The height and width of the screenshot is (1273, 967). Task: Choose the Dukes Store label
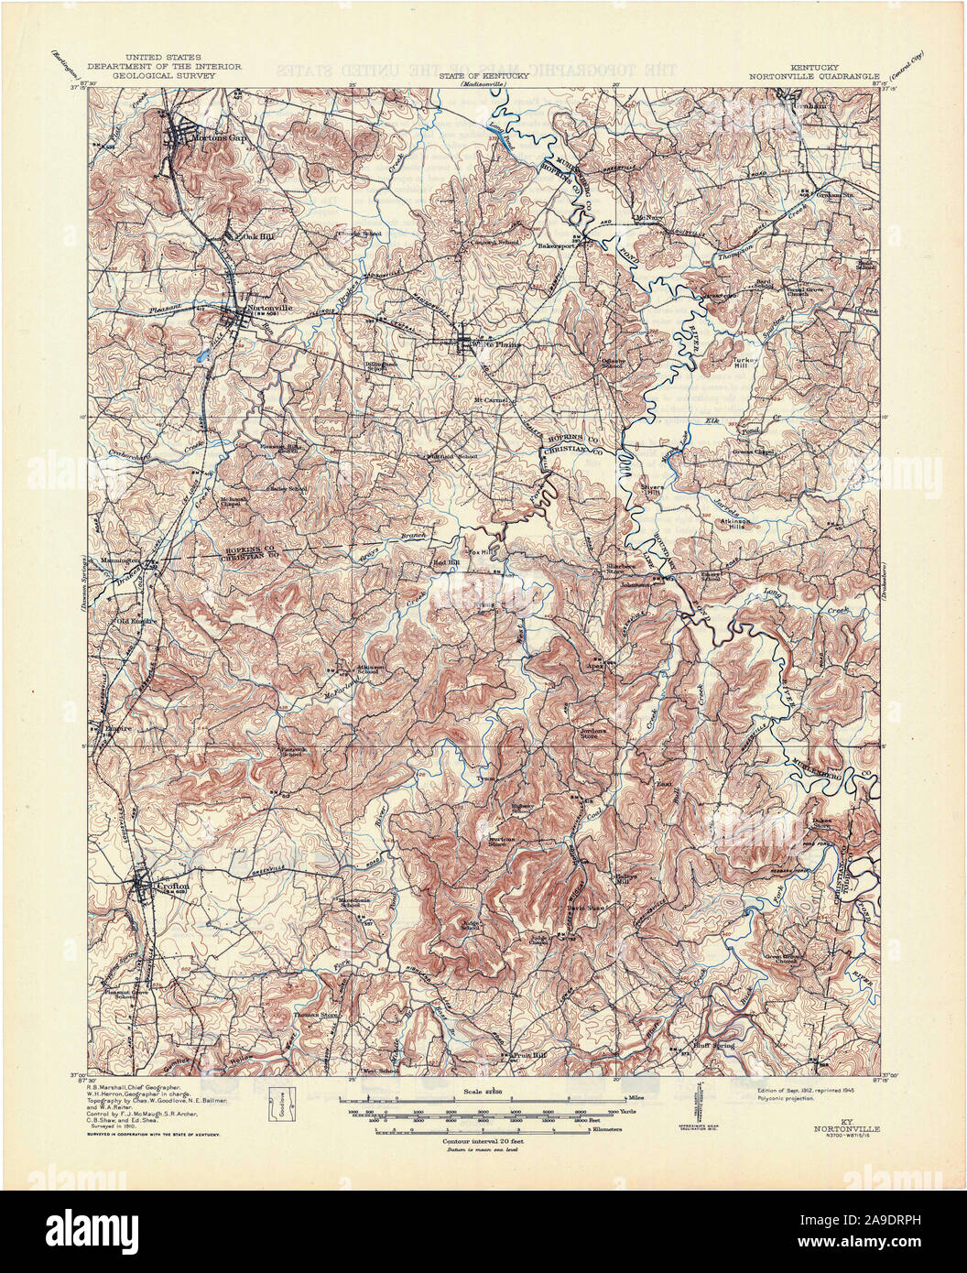[824, 822]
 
